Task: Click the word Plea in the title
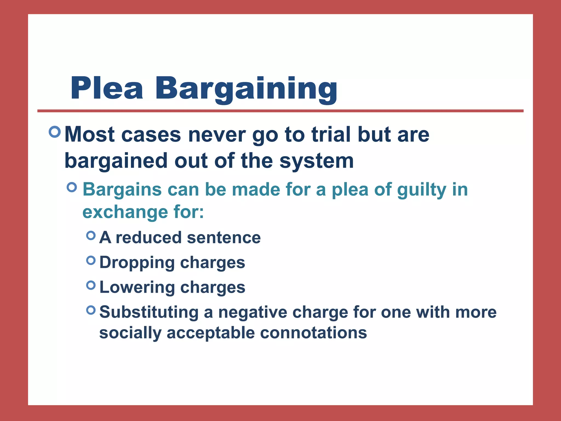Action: pos(107,88)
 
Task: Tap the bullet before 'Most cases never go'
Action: pos(55,132)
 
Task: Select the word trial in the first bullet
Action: pos(331,135)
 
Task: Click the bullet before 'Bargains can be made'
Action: pos(72,187)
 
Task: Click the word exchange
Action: pos(125,212)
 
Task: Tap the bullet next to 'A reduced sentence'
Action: pos(91,235)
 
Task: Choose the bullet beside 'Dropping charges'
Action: pos(91,260)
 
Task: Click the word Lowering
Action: pos(137,288)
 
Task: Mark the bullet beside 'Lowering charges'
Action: pos(91,285)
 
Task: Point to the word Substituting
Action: pos(149,312)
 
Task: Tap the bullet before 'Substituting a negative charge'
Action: pos(91,310)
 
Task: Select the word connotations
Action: pos(313,333)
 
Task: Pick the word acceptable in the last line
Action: pos(211,333)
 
